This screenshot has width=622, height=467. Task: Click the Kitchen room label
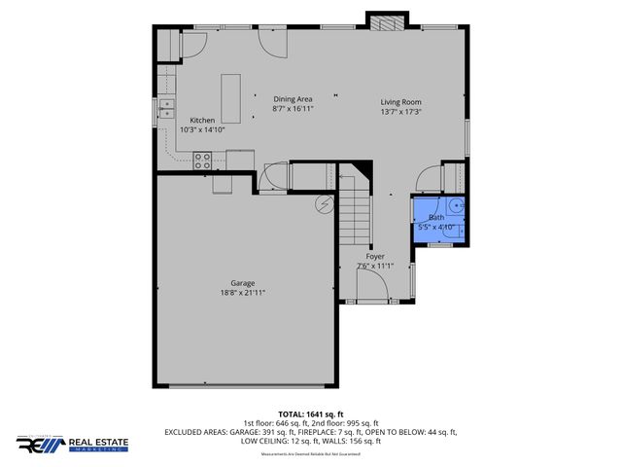(202, 121)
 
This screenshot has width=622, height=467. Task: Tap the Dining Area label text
(292, 98)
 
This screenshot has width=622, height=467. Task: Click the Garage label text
(243, 283)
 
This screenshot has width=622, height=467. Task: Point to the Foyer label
(375, 257)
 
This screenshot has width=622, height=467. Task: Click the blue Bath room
(438, 219)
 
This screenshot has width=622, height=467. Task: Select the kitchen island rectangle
(231, 94)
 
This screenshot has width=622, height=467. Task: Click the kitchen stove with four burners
(203, 158)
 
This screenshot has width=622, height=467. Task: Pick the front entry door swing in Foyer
(373, 287)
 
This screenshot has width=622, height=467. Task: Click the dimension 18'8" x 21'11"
(243, 293)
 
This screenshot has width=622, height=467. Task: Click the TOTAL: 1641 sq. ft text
(310, 413)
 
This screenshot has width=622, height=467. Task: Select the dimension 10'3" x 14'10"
(202, 130)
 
